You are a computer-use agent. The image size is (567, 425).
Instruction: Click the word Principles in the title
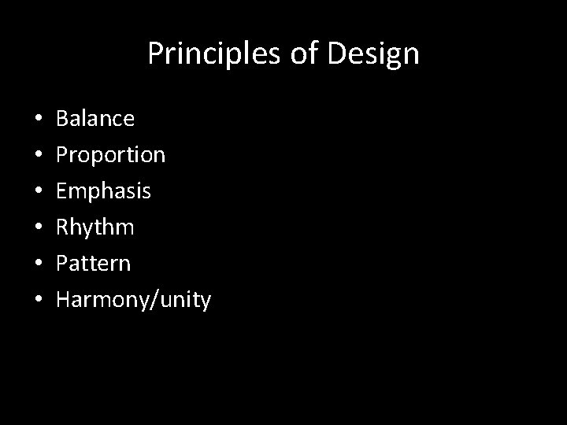206,54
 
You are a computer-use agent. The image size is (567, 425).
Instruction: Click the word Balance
95,119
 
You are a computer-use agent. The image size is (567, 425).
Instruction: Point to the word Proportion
111,155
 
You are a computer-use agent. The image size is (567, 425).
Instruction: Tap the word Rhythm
95,227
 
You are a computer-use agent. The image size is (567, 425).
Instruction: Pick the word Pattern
94,264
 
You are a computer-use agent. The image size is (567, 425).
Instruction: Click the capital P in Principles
155,54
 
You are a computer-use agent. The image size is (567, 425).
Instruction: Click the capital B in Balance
64,119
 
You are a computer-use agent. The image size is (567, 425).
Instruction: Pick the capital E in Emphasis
63,191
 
